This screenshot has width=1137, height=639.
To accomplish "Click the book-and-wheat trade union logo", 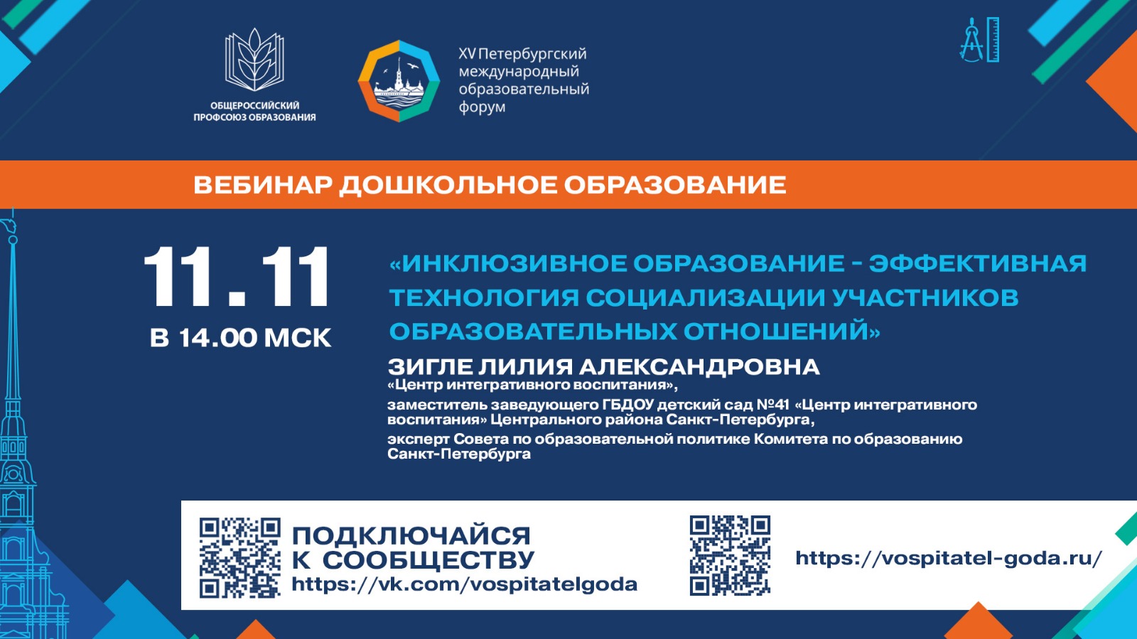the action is pyautogui.click(x=254, y=60).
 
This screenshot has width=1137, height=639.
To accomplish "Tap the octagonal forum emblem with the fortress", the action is pyautogui.click(x=399, y=81).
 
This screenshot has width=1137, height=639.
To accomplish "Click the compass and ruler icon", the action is pyautogui.click(x=980, y=40).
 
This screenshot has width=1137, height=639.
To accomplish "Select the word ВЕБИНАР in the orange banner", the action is pyautogui.click(x=263, y=185).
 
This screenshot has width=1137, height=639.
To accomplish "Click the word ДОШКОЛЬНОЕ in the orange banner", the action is pyautogui.click(x=448, y=185).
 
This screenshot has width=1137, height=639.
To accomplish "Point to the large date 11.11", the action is pyautogui.click(x=237, y=277).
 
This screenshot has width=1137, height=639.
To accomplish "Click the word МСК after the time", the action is pyautogui.click(x=298, y=338).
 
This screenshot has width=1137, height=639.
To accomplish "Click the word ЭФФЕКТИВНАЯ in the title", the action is pyautogui.click(x=978, y=263).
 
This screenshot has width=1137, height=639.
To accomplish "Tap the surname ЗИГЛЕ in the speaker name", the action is pyautogui.click(x=430, y=366).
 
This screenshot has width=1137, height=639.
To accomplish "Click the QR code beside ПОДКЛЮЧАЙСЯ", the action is pyautogui.click(x=239, y=557).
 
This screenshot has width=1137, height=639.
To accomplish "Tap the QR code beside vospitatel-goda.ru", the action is pyautogui.click(x=730, y=555).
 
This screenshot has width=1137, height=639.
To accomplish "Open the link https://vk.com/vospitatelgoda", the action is pyautogui.click(x=465, y=584).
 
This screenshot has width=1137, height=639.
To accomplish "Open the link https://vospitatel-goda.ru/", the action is pyautogui.click(x=949, y=558).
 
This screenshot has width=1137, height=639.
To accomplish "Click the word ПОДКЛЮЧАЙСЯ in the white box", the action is pyautogui.click(x=411, y=536).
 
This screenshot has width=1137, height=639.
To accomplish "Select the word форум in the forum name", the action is pyautogui.click(x=483, y=107).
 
